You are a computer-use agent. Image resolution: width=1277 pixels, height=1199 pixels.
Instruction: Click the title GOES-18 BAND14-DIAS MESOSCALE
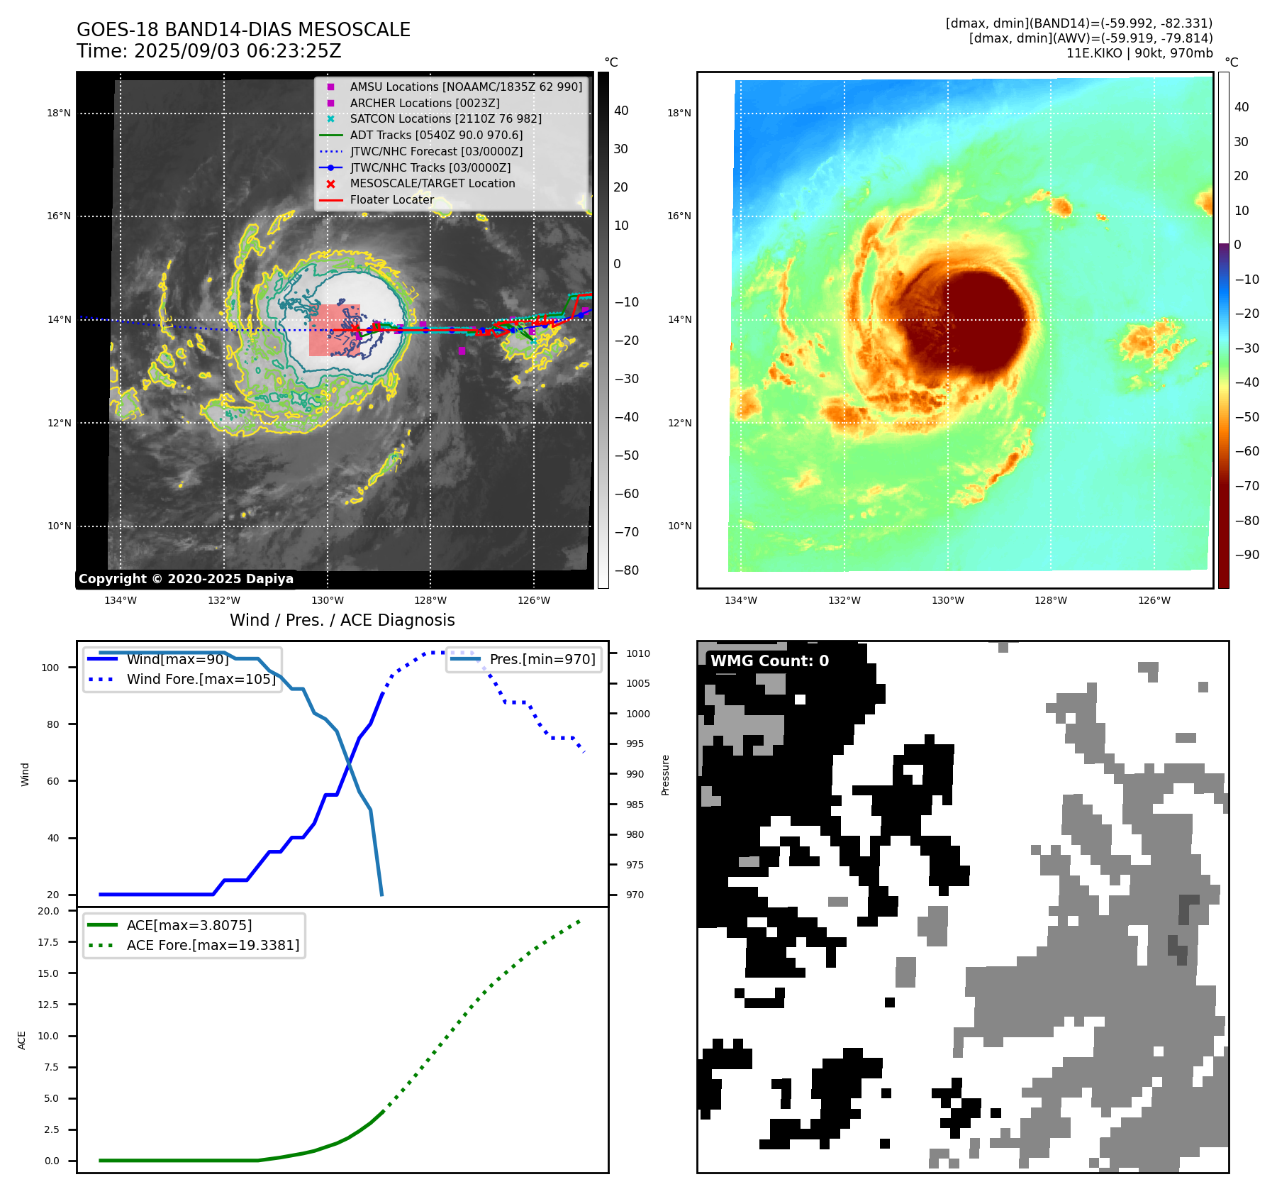[x=243, y=30]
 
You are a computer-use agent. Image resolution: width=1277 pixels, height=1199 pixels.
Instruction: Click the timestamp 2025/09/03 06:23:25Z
[x=238, y=51]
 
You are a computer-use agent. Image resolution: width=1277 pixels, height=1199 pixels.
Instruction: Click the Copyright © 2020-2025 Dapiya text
[x=186, y=579]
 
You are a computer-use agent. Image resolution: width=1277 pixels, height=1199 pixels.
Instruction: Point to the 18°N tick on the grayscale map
[x=59, y=113]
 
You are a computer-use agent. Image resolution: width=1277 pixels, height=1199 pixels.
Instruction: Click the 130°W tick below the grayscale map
[x=327, y=600]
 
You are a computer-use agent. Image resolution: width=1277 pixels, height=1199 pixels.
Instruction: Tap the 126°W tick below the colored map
[x=1154, y=600]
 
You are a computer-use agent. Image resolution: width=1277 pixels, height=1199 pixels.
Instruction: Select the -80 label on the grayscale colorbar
[x=627, y=570]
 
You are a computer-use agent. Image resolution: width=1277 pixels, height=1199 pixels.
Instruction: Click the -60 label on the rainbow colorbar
[x=1247, y=451]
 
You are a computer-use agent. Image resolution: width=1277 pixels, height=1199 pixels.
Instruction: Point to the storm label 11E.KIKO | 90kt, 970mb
[x=1139, y=53]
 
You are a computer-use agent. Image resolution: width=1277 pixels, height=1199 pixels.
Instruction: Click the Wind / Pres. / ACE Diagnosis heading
[x=342, y=620]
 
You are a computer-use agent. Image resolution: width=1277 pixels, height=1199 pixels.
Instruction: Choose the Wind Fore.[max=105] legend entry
[x=201, y=679]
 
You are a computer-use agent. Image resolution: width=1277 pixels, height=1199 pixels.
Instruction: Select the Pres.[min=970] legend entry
[x=542, y=659]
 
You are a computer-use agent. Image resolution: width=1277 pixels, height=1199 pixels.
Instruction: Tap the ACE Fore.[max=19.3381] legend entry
[x=213, y=945]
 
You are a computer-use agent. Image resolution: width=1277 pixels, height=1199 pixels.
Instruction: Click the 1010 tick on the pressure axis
[x=637, y=653]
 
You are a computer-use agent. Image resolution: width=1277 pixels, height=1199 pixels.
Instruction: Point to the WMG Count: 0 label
[x=769, y=661]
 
